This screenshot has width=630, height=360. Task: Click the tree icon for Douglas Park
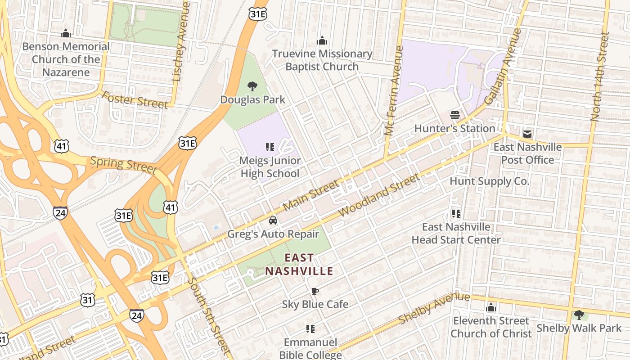point(252,86)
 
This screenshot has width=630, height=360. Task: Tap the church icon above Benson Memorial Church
point(66,33)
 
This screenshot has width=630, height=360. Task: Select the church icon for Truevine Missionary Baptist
point(322,41)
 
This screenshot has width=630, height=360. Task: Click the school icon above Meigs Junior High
point(270,147)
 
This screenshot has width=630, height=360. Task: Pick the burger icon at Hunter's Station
point(454,115)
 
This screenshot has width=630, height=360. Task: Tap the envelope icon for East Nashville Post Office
point(527,134)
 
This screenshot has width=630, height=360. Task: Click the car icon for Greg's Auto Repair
point(273,220)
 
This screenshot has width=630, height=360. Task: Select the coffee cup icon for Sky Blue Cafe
point(315,291)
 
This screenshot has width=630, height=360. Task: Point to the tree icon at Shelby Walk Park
point(579,315)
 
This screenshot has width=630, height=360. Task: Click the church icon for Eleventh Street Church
point(491,308)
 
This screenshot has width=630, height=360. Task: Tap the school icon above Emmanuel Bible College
point(310,329)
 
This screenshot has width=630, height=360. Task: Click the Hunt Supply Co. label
point(490,181)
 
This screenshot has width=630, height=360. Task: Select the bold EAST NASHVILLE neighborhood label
point(299,265)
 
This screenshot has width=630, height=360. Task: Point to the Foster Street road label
point(135,100)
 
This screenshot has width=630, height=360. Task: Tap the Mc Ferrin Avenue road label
point(393,90)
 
